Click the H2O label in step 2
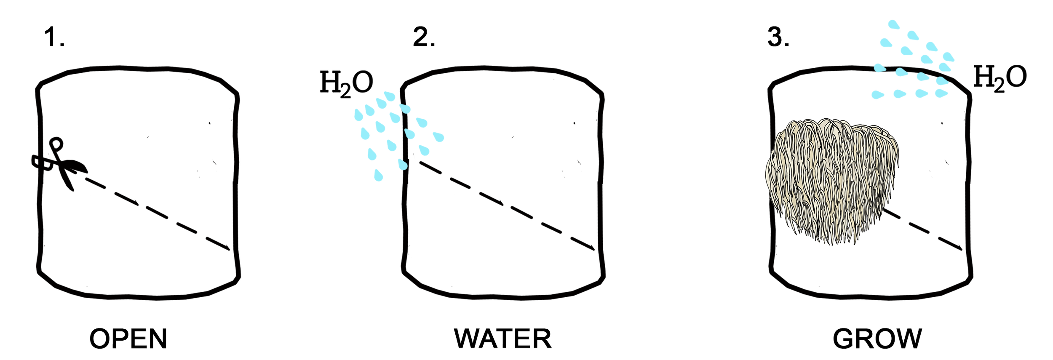click(347, 83)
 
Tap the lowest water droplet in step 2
click(379, 174)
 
